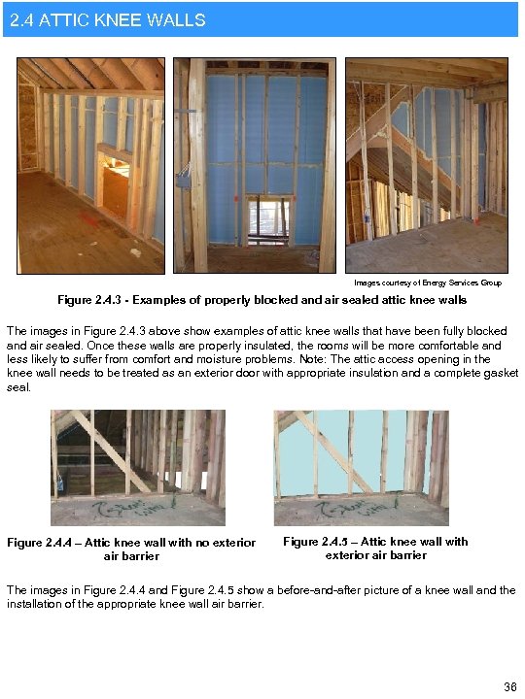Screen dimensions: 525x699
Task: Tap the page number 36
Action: pyautogui.click(x=509, y=687)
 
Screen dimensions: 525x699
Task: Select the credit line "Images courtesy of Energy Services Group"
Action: pyautogui.click(x=428, y=283)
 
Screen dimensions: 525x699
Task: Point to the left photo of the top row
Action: pyautogui.click(x=91, y=165)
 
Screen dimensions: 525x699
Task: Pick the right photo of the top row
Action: pyautogui.click(x=426, y=165)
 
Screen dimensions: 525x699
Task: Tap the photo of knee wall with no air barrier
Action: pyautogui.click(x=138, y=467)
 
